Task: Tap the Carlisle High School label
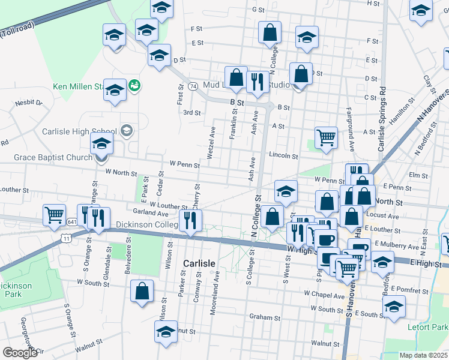[x=79, y=131]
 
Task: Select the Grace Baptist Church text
[x=53, y=158]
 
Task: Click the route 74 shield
[x=193, y=86]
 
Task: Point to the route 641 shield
[x=72, y=221]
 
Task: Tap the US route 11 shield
[x=65, y=238]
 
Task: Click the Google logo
[x=20, y=353]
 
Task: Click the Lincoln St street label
[x=283, y=155]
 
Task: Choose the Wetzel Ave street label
[x=211, y=143]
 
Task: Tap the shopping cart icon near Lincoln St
[x=326, y=137]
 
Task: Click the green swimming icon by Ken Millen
[x=135, y=86]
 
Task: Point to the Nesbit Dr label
[x=29, y=103]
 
